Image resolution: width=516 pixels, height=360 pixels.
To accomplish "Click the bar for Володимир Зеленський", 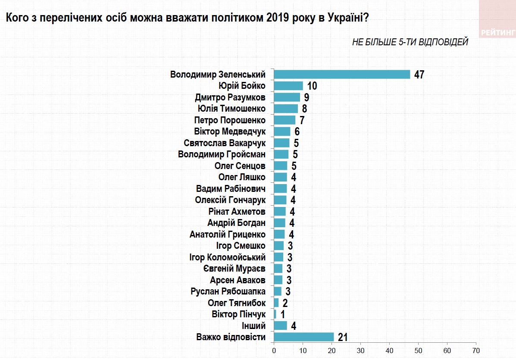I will [x=342, y=74].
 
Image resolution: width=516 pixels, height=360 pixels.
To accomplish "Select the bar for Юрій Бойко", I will [x=288, y=86].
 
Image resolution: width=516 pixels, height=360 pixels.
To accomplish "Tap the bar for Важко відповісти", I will [x=304, y=337].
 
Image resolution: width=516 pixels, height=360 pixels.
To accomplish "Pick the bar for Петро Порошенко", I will [x=285, y=120].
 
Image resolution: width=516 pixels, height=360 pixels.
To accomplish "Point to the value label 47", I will [x=419, y=75].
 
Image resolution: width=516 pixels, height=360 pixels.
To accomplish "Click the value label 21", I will [x=343, y=337].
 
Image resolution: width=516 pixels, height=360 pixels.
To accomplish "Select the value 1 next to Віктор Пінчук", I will [x=283, y=314].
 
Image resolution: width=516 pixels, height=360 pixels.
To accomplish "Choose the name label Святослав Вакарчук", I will [x=225, y=143].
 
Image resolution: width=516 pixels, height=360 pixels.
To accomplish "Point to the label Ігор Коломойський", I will [x=228, y=257].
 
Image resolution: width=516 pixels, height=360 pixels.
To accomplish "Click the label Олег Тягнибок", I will [x=237, y=303].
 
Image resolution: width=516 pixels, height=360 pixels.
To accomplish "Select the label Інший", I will [x=255, y=326].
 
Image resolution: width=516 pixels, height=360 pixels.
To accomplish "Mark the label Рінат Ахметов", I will [x=237, y=211].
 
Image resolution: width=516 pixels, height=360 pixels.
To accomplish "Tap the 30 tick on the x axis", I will [x=361, y=350].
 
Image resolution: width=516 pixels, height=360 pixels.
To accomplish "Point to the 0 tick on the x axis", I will [x=274, y=350].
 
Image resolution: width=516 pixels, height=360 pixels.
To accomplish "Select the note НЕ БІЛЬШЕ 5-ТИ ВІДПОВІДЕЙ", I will [x=410, y=42].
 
